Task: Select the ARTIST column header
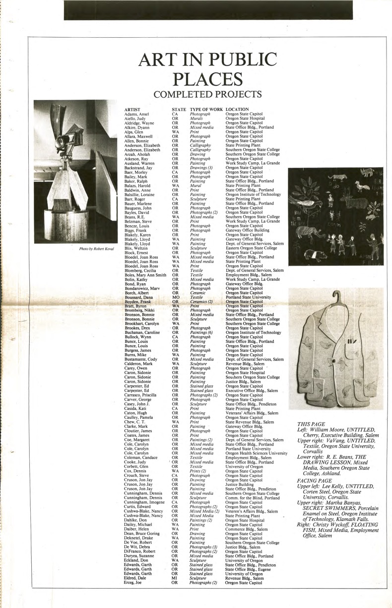pos(132,109)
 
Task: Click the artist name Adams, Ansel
pos(137,114)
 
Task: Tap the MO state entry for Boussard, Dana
pos(175,297)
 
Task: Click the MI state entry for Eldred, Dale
pos(175,592)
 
